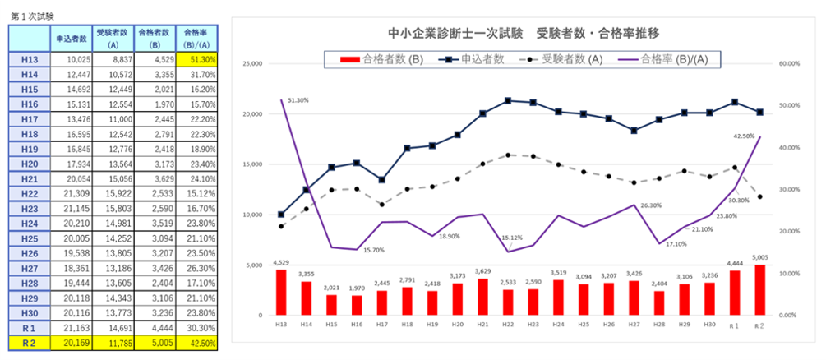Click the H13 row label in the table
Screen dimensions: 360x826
click(29, 59)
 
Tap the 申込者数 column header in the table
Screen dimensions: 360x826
click(71, 38)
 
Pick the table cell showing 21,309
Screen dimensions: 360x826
click(71, 193)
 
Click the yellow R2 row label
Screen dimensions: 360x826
click(29, 343)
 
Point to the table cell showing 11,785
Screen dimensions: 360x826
click(112, 343)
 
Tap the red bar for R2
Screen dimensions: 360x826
click(759, 290)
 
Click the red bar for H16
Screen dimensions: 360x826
click(357, 305)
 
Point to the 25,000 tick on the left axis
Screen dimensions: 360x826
click(251, 63)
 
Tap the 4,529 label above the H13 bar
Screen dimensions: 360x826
click(280, 263)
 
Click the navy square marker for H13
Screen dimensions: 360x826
click(281, 215)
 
